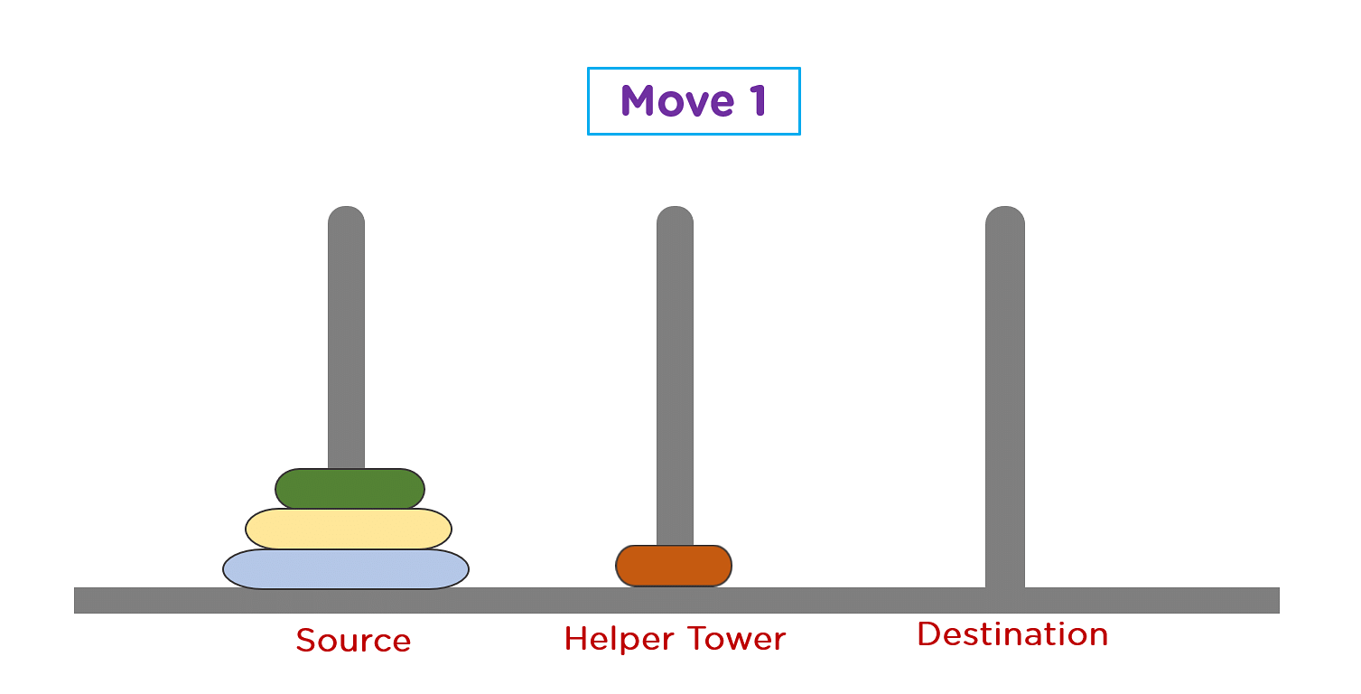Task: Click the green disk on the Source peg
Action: click(350, 489)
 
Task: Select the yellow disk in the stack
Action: click(349, 529)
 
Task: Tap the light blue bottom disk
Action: click(346, 568)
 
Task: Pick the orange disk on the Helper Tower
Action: click(674, 566)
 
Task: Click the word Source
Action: click(354, 641)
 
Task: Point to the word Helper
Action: click(619, 639)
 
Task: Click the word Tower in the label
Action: click(737, 639)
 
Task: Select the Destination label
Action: click(1013, 634)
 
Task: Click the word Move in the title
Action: click(677, 101)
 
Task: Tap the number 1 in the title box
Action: click(758, 100)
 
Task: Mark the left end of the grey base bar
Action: click(75, 600)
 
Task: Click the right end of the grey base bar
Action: click(1279, 600)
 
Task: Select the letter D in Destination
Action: click(929, 634)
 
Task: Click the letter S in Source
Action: click(307, 641)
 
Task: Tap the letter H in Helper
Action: click(576, 639)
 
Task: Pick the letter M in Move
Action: click(639, 101)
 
